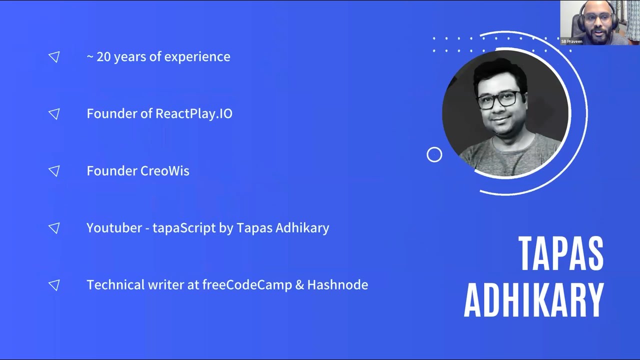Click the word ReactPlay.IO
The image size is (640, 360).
[194, 114]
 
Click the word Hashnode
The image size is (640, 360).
[337, 285]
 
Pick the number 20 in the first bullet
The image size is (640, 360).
[103, 57]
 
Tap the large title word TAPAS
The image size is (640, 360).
[560, 253]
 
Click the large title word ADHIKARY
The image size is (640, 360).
[534, 300]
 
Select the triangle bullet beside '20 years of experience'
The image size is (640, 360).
[54, 57]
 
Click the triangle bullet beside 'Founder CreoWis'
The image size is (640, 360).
[54, 171]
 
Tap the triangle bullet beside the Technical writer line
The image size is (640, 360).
[54, 285]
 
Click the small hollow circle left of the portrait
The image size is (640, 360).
[434, 155]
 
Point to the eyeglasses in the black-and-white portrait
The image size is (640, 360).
[498, 99]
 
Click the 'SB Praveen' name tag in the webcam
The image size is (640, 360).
[571, 41]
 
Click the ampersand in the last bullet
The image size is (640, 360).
[299, 285]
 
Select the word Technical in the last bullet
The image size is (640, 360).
[115, 285]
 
